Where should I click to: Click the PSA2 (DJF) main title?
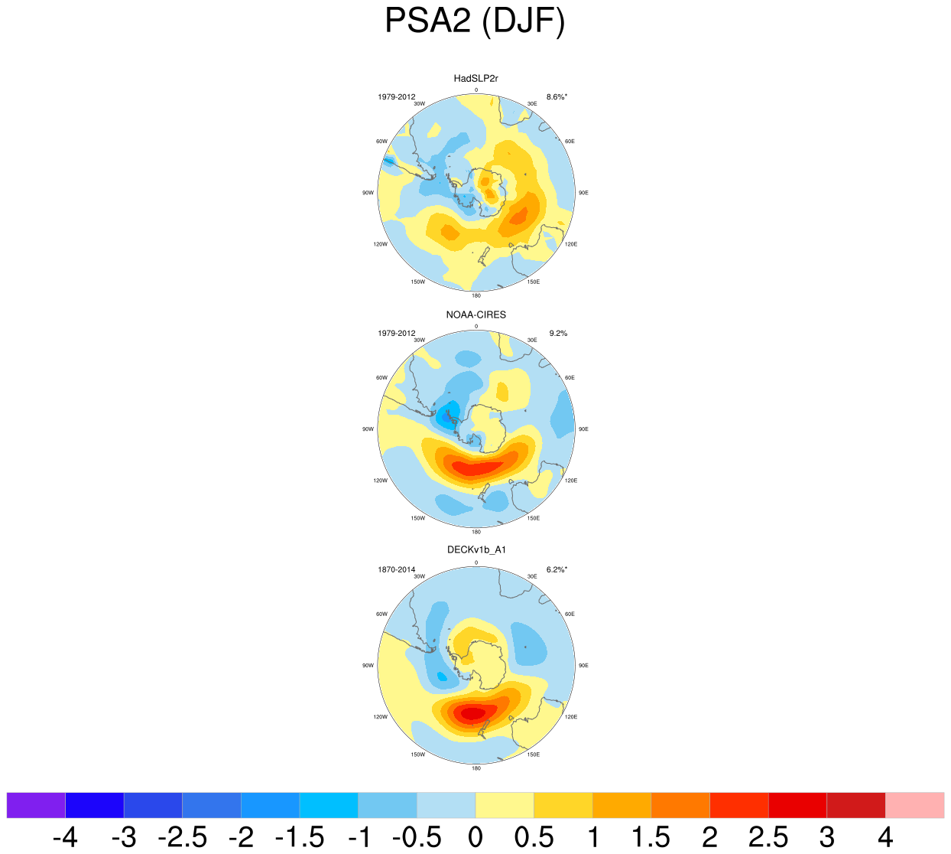[475, 21]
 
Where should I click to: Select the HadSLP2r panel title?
[475, 78]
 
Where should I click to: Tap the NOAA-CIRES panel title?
[475, 315]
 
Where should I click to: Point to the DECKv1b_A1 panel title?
[475, 549]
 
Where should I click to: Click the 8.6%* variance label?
[557, 97]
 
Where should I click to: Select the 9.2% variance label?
[558, 334]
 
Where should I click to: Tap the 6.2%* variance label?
[557, 569]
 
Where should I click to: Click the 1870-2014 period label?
[396, 569]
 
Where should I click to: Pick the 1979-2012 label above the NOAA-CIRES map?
[396, 334]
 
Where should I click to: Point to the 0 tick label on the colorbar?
[475, 838]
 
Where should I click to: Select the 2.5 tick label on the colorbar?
[768, 838]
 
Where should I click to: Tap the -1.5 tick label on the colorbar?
[299, 838]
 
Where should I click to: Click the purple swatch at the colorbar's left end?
[36, 805]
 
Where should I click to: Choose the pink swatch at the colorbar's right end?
[914, 805]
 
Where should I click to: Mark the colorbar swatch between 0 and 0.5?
[505, 805]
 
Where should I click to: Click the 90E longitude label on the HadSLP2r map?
[583, 193]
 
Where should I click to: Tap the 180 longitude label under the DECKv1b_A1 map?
[475, 768]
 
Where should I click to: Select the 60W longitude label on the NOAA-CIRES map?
[381, 378]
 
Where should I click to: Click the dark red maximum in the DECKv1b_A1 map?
[472, 713]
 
